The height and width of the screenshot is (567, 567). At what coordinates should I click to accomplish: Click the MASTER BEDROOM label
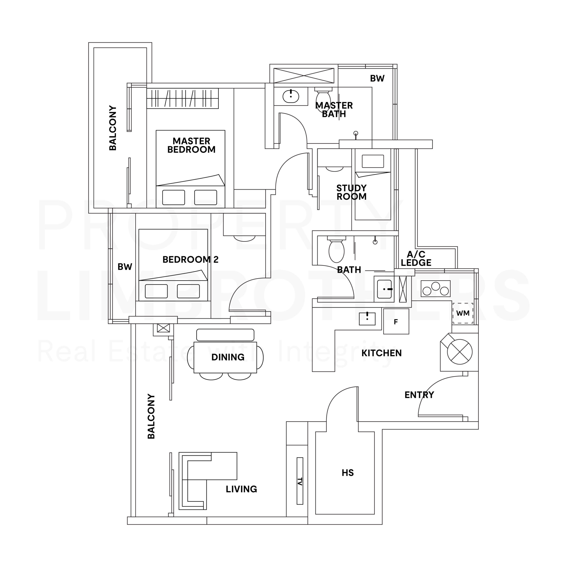191,145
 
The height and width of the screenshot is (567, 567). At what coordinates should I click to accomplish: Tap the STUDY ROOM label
351,192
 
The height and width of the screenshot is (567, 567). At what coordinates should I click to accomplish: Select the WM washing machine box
463,313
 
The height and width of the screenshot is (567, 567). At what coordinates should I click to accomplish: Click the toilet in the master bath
323,98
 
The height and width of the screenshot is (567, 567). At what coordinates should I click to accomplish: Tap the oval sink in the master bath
291,96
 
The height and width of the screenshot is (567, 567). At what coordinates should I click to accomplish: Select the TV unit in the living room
300,481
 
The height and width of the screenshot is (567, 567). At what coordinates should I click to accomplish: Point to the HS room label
348,473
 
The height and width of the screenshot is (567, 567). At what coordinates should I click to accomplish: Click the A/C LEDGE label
416,258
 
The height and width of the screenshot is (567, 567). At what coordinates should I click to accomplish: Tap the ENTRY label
419,395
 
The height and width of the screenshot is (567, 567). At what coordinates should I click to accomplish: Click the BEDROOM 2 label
190,259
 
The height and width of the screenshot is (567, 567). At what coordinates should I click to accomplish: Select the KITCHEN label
382,353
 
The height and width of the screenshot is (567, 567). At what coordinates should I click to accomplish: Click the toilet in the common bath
336,250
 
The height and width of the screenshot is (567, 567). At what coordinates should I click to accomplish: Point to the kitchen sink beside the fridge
367,319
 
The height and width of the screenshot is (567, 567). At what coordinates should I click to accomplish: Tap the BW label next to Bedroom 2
125,267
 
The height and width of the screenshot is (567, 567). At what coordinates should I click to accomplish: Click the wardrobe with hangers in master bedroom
183,98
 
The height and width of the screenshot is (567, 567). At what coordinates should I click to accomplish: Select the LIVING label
242,489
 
